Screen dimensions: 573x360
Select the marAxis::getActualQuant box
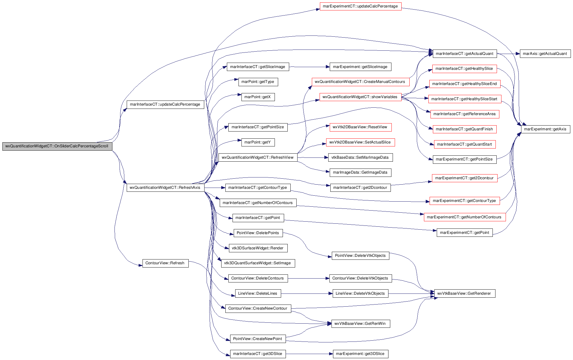(545, 54)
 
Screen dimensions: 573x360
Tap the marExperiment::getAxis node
(545, 129)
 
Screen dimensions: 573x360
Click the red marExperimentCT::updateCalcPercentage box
(360, 6)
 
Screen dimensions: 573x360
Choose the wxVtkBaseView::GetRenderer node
(464, 293)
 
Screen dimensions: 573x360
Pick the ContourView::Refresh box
(165, 263)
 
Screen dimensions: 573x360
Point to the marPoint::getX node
(258, 97)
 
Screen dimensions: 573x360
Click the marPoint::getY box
(258, 142)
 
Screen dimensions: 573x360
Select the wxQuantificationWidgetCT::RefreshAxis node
(165, 188)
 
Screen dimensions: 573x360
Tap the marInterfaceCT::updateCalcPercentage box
(165, 104)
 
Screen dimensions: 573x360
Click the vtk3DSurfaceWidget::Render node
(258, 248)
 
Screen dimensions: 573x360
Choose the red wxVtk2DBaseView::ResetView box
(360, 127)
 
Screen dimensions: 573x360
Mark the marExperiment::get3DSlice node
(360, 354)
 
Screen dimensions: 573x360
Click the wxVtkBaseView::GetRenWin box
(360, 324)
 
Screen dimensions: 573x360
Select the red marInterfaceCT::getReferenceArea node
(464, 114)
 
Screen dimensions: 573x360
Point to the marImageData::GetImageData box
(360, 172)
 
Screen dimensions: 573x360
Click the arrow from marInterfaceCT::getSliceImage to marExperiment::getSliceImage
(309, 67)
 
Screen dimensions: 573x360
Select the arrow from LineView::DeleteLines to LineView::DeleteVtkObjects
(307, 293)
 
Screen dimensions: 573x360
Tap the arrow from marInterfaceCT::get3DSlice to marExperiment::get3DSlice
(309, 354)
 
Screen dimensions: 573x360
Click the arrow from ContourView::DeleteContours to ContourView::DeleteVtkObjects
(309, 278)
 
